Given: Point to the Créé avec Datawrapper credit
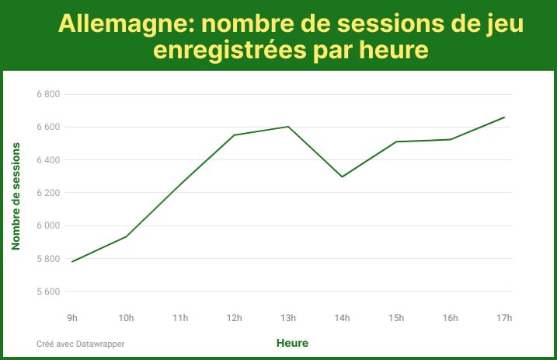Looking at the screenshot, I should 80,343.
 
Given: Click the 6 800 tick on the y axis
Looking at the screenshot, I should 48,94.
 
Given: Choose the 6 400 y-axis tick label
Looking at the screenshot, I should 48,160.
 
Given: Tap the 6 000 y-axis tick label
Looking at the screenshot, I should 48,225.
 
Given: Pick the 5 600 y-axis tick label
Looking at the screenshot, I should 48,292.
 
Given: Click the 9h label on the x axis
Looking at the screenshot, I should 72,317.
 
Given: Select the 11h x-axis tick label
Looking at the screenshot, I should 180,317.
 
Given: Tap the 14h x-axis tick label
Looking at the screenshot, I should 342,317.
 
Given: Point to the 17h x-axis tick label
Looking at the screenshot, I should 504,317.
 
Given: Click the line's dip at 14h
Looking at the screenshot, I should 342,177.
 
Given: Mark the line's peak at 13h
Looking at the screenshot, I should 288,127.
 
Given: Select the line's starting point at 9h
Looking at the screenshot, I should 72,261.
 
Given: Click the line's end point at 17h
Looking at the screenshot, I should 504,117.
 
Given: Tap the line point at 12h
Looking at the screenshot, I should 234,135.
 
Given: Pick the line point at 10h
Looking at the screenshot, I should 126,236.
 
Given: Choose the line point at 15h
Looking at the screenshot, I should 396,142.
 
